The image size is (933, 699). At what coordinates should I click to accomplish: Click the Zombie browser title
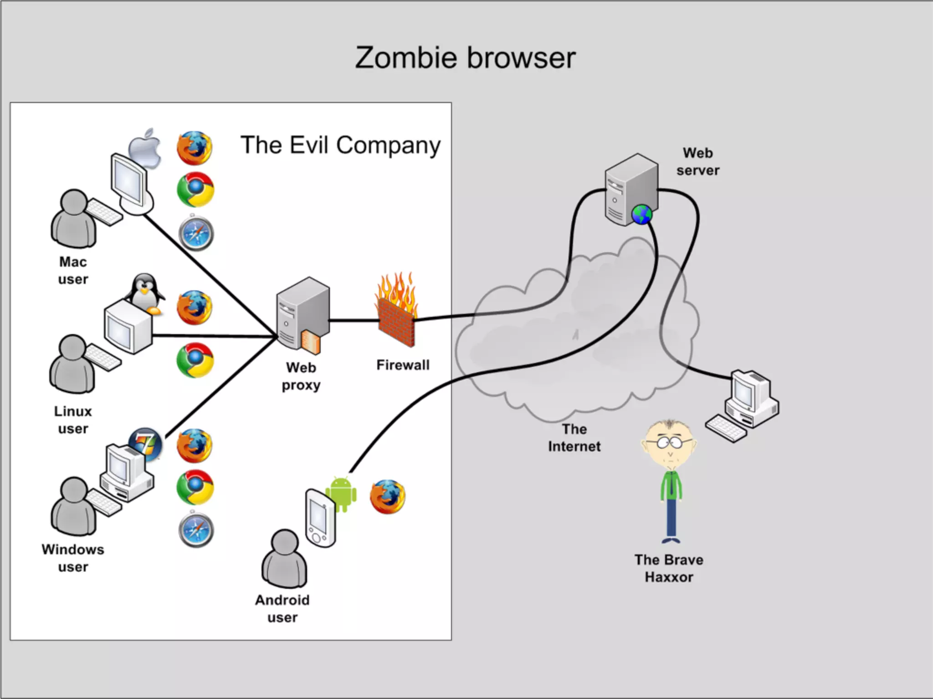click(x=465, y=58)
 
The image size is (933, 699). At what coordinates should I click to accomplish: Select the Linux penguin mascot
click(x=145, y=294)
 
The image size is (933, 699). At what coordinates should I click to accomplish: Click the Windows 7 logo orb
click(x=145, y=444)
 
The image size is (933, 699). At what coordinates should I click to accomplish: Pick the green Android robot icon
click(x=341, y=494)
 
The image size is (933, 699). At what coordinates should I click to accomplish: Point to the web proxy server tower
click(x=302, y=314)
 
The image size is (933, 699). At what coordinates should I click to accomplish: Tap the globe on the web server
click(x=641, y=214)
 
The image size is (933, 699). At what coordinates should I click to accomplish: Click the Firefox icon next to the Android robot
click(x=387, y=496)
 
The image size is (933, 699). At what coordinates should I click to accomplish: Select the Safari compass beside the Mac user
click(x=196, y=233)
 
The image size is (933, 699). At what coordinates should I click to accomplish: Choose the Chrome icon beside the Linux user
click(x=195, y=360)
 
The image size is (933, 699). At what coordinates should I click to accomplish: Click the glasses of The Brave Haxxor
click(x=669, y=441)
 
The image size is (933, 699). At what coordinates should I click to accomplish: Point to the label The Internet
click(x=574, y=437)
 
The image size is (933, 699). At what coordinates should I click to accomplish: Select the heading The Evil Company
click(x=340, y=145)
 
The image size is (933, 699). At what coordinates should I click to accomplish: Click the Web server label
click(x=697, y=162)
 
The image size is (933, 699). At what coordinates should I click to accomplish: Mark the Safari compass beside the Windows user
click(x=196, y=530)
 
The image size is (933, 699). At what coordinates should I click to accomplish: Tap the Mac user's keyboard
click(x=104, y=212)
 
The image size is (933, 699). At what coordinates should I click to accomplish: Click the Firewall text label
click(x=403, y=365)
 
